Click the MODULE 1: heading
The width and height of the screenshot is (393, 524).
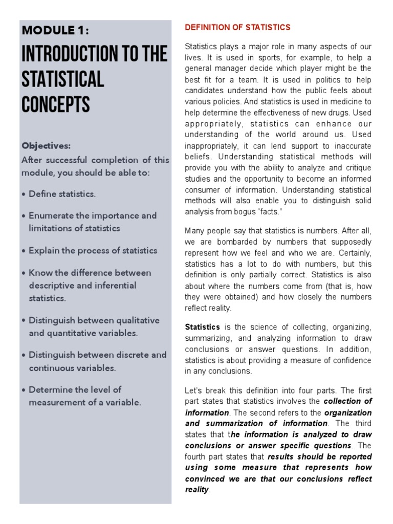[55, 31]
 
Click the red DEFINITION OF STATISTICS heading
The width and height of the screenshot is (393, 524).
[237, 28]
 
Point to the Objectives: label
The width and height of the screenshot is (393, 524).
[46, 146]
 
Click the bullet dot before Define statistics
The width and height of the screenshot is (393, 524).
[24, 194]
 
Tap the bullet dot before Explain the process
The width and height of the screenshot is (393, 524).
[24, 251]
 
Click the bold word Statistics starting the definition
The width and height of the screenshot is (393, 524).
[202, 327]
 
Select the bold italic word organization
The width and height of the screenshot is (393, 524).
[348, 412]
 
